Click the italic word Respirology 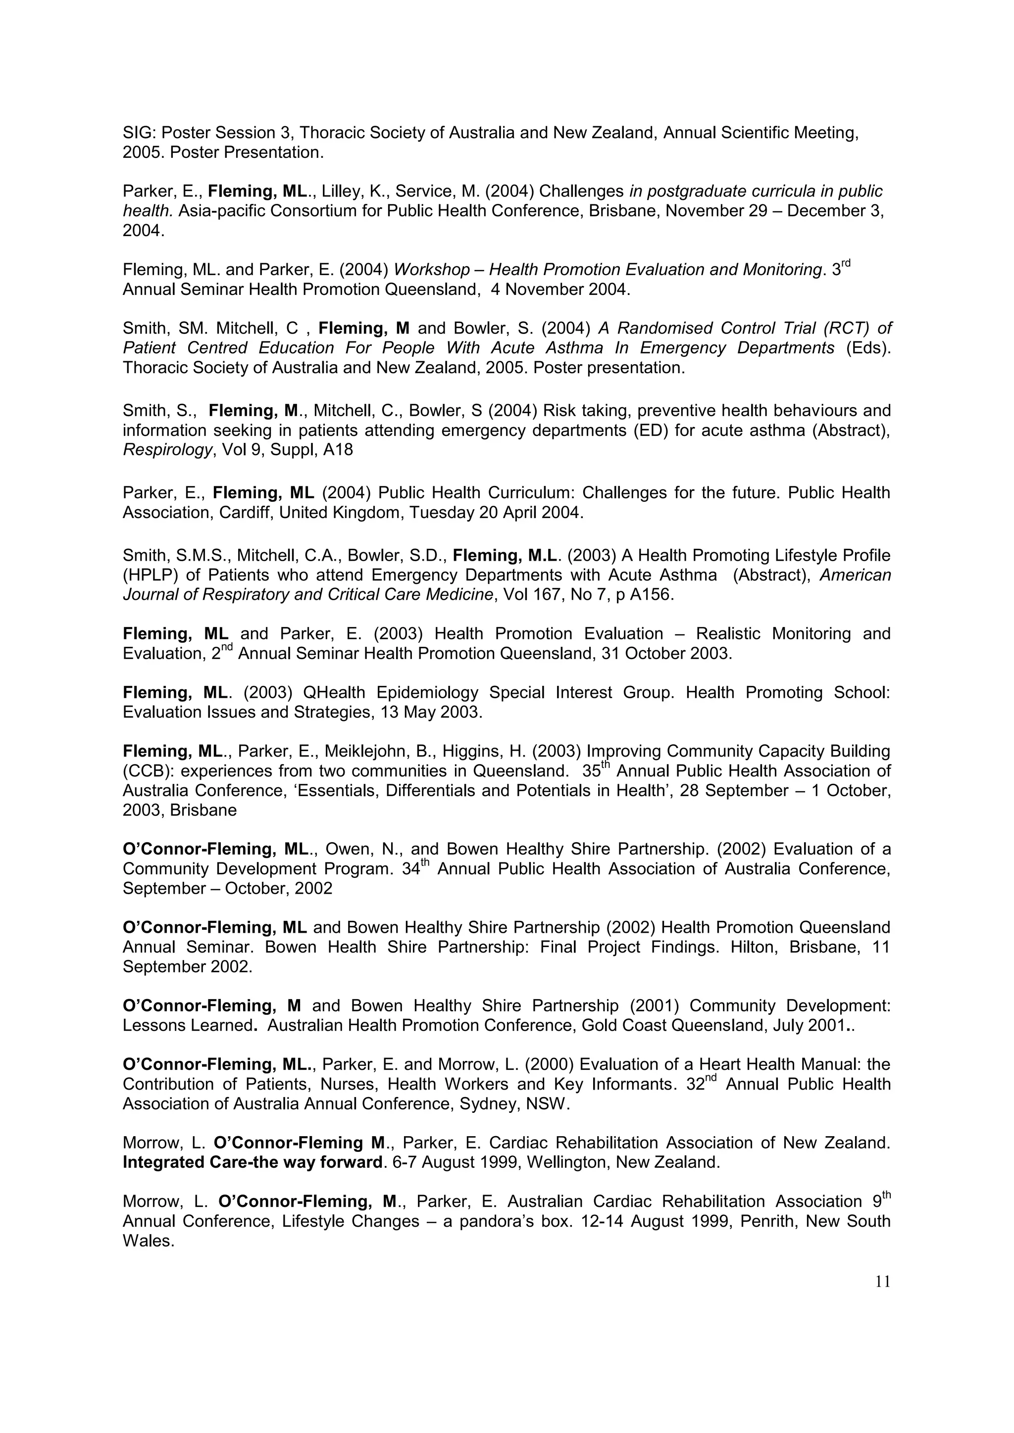(x=167, y=450)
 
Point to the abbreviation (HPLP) (x=148, y=575)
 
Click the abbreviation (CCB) (x=146, y=771)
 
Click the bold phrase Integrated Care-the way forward (x=252, y=1162)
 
